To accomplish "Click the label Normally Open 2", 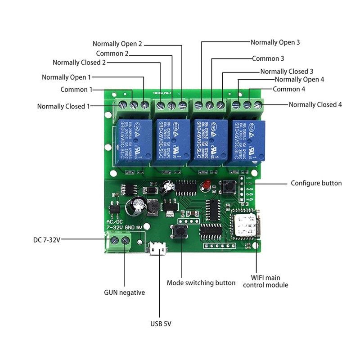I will [117, 44].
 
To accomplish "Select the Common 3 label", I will [268, 58].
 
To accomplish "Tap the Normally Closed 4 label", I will [315, 104].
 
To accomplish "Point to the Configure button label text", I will [316, 183].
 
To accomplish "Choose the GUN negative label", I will [124, 292].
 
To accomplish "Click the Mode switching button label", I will [201, 283].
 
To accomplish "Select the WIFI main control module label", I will [265, 281].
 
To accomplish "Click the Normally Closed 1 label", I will [63, 107].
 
